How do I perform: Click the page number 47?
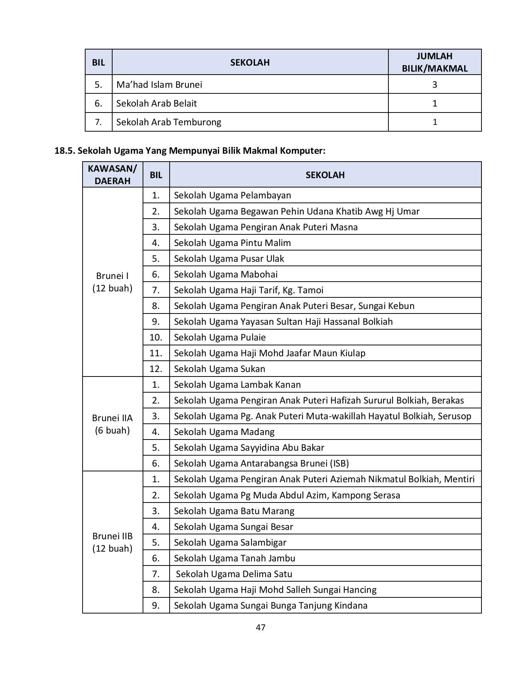coord(260,627)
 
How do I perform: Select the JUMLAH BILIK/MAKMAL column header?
coord(435,62)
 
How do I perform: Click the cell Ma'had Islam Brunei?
coord(159,84)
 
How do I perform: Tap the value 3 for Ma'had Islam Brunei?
coord(435,84)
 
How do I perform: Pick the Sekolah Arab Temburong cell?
coord(168,122)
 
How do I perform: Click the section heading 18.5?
coord(190,151)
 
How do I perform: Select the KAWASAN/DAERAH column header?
coord(113,174)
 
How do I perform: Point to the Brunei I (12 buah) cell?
coord(113,282)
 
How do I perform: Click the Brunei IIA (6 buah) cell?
coord(113,424)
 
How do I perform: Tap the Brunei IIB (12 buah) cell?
coord(113,542)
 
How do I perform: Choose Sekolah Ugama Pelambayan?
coord(232,195)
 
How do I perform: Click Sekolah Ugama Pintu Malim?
coord(232,243)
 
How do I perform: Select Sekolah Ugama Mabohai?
coord(226,274)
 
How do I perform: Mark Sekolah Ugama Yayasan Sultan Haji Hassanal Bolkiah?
coord(283,321)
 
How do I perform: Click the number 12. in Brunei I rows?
coord(156,369)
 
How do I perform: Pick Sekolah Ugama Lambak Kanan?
coord(237,384)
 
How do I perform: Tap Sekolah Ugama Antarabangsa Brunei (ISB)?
coord(261,463)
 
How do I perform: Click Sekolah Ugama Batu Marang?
coord(234,511)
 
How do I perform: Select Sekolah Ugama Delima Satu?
coord(234,574)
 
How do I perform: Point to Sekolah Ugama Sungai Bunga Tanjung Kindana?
coord(271,605)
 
